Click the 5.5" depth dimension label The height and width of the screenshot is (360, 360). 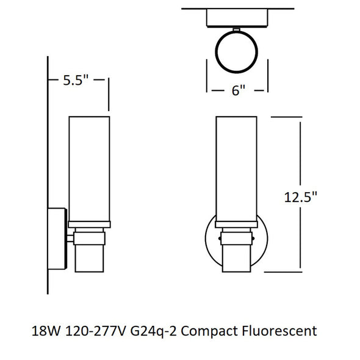76,80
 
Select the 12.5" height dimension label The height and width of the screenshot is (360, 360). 300,197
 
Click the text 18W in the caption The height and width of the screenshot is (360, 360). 46,331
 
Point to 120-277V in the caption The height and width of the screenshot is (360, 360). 96,331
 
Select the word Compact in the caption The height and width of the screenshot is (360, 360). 209,332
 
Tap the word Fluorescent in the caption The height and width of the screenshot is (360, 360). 279,331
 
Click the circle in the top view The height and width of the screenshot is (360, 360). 237,32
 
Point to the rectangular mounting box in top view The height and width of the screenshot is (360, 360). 237,18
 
